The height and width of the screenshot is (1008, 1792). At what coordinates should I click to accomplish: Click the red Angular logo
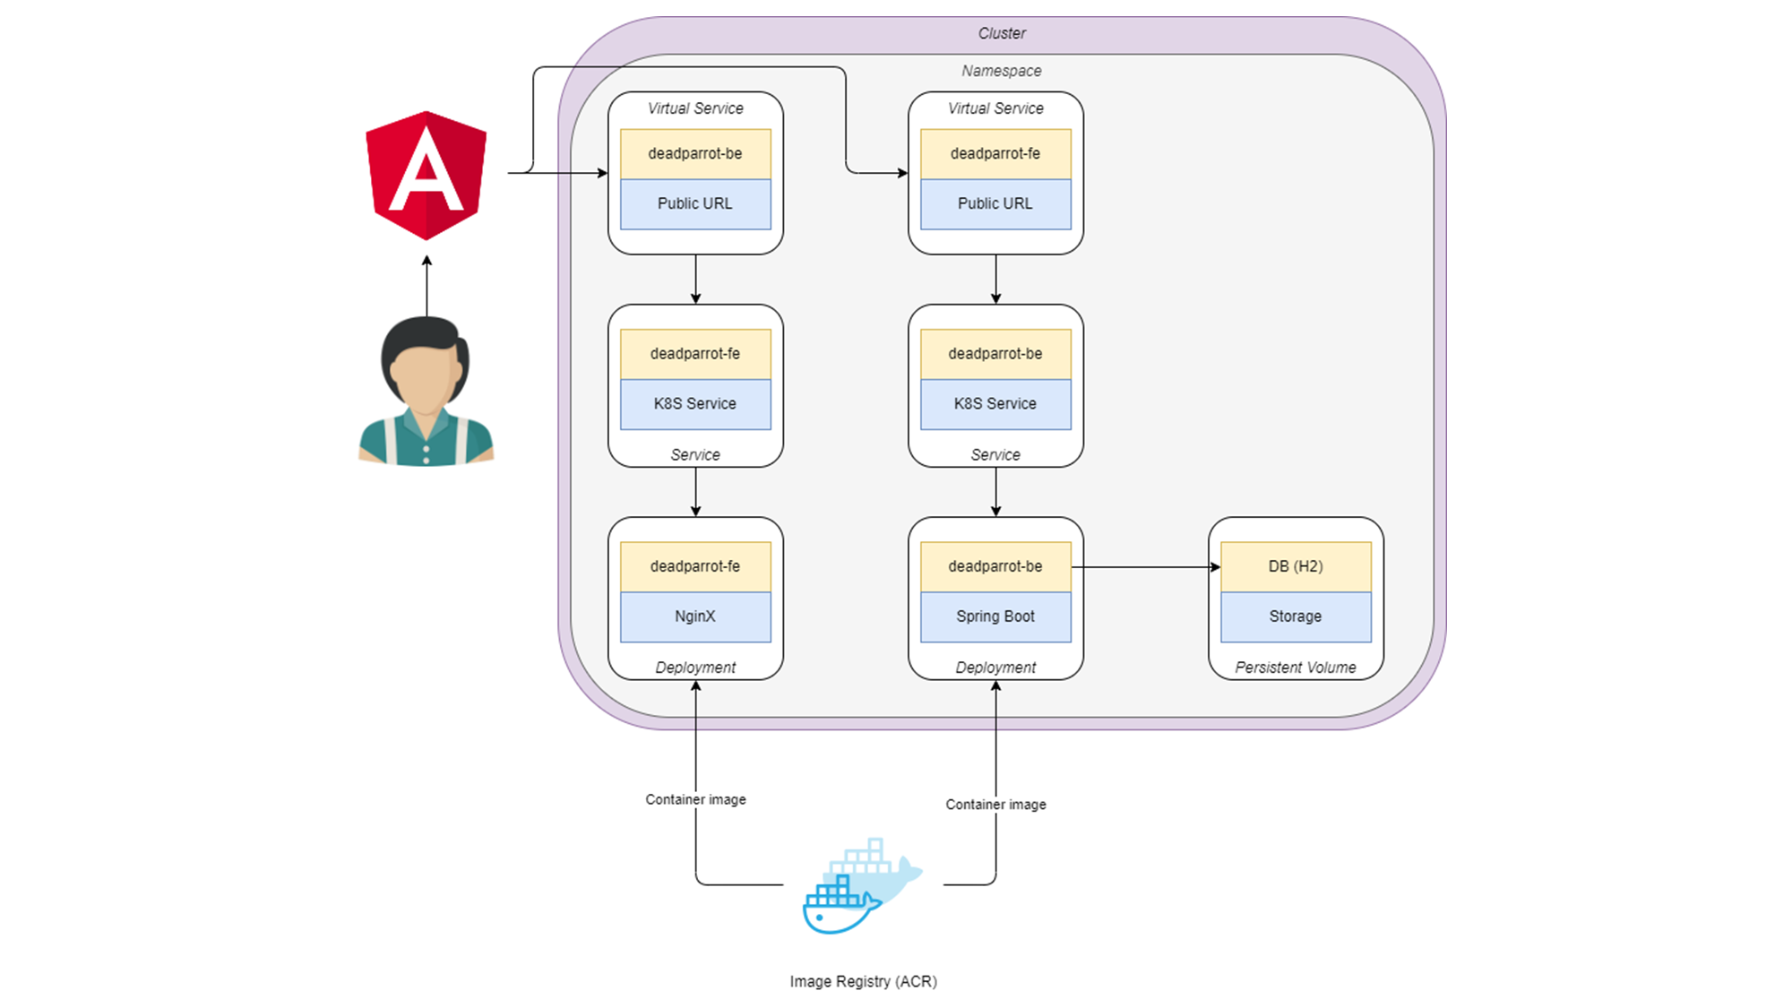[426, 176]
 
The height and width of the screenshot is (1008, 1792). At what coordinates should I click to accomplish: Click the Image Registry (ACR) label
[863, 981]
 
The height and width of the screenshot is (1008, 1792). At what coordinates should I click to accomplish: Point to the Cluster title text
[1001, 33]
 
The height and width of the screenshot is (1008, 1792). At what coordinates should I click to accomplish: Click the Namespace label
[1001, 71]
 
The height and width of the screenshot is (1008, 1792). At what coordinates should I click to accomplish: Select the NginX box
[695, 616]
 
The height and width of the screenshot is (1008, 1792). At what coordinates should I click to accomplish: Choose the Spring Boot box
[995, 616]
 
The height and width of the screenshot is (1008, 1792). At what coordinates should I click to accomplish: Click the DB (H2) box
[1296, 566]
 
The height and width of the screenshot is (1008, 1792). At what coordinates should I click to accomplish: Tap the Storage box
[1296, 616]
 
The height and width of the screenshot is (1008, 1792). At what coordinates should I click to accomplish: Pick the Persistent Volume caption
[1296, 668]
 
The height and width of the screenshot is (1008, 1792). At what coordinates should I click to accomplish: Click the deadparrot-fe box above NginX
[695, 566]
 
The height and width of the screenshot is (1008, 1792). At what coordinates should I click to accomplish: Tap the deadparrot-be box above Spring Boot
[995, 566]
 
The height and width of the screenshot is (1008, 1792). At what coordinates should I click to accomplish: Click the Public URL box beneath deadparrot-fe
[995, 203]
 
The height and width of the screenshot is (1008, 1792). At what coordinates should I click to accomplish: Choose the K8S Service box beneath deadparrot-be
[995, 404]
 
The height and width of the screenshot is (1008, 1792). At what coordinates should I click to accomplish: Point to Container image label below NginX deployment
[695, 799]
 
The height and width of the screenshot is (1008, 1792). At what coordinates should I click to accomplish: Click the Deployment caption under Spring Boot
[995, 668]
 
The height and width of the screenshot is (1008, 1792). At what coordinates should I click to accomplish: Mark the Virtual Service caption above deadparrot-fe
[995, 108]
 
